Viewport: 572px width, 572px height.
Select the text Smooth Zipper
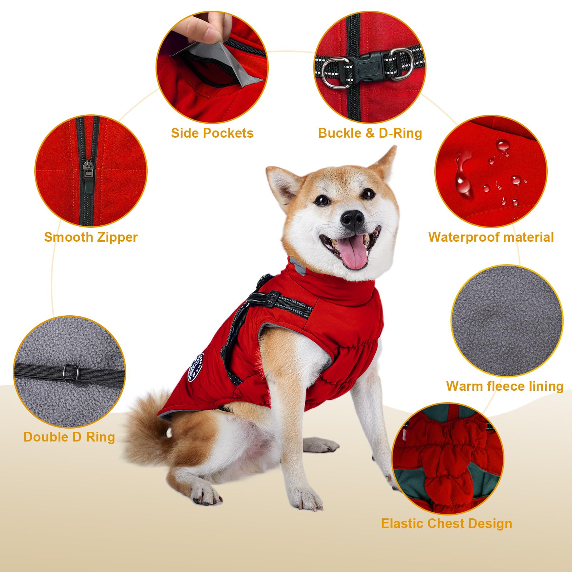[x=91, y=237]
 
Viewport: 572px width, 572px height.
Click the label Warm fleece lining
[x=505, y=386]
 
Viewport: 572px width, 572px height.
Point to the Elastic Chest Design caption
[x=447, y=523]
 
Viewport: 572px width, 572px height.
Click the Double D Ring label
[x=69, y=437]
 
